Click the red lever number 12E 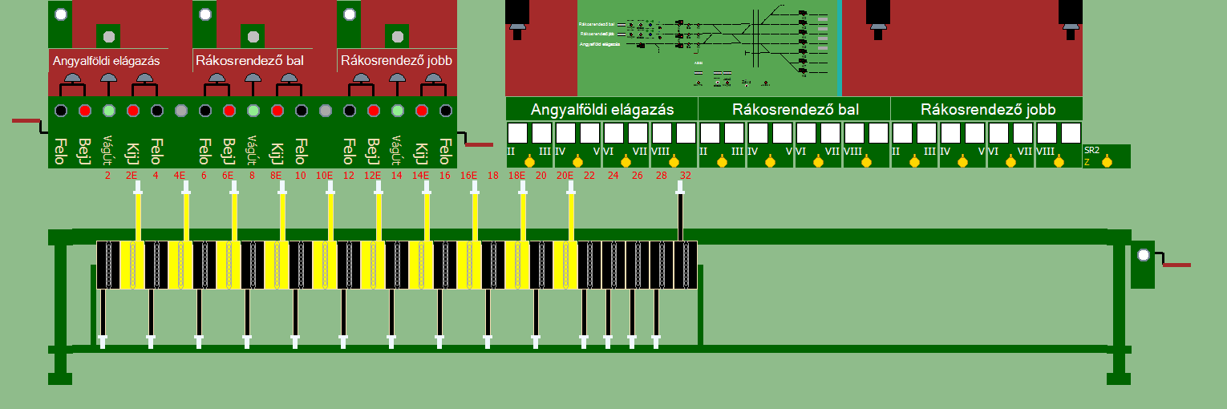coord(372,174)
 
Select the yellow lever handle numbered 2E coord(138,213)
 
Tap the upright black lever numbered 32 coord(680,213)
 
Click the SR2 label coord(1091,150)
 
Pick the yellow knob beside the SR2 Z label coord(1108,162)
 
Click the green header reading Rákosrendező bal coord(794,109)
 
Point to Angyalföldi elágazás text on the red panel coord(107,61)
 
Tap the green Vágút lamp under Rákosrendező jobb coord(398,111)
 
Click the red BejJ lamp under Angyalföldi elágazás coord(85,111)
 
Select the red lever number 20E coord(565,174)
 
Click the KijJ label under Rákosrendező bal coord(277,149)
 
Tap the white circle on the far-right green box coord(1144,255)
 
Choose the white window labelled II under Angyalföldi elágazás coord(517,132)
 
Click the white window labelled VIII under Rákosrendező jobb coord(1047,132)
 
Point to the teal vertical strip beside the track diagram coord(839,48)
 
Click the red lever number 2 coord(107,174)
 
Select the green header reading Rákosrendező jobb coord(987,109)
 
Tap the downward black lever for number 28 coord(656,317)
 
